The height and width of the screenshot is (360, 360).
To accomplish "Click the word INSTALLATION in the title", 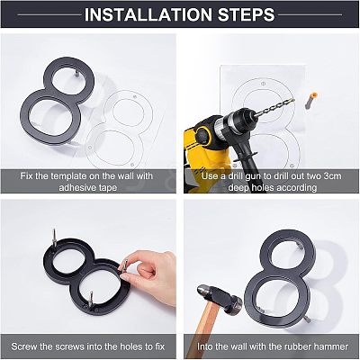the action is (x=148, y=14).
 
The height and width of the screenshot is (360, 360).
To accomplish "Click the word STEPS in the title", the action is (x=246, y=14).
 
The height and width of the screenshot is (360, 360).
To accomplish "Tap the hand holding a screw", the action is (x=150, y=272).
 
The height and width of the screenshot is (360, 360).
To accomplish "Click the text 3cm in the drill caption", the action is (x=331, y=175).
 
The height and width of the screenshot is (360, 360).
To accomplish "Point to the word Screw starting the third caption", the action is (x=24, y=346).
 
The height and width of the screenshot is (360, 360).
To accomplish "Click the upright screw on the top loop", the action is (x=54, y=238).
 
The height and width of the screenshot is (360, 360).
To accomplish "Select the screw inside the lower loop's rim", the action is (x=91, y=299).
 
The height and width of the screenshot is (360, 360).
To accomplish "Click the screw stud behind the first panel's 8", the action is (x=76, y=73).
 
